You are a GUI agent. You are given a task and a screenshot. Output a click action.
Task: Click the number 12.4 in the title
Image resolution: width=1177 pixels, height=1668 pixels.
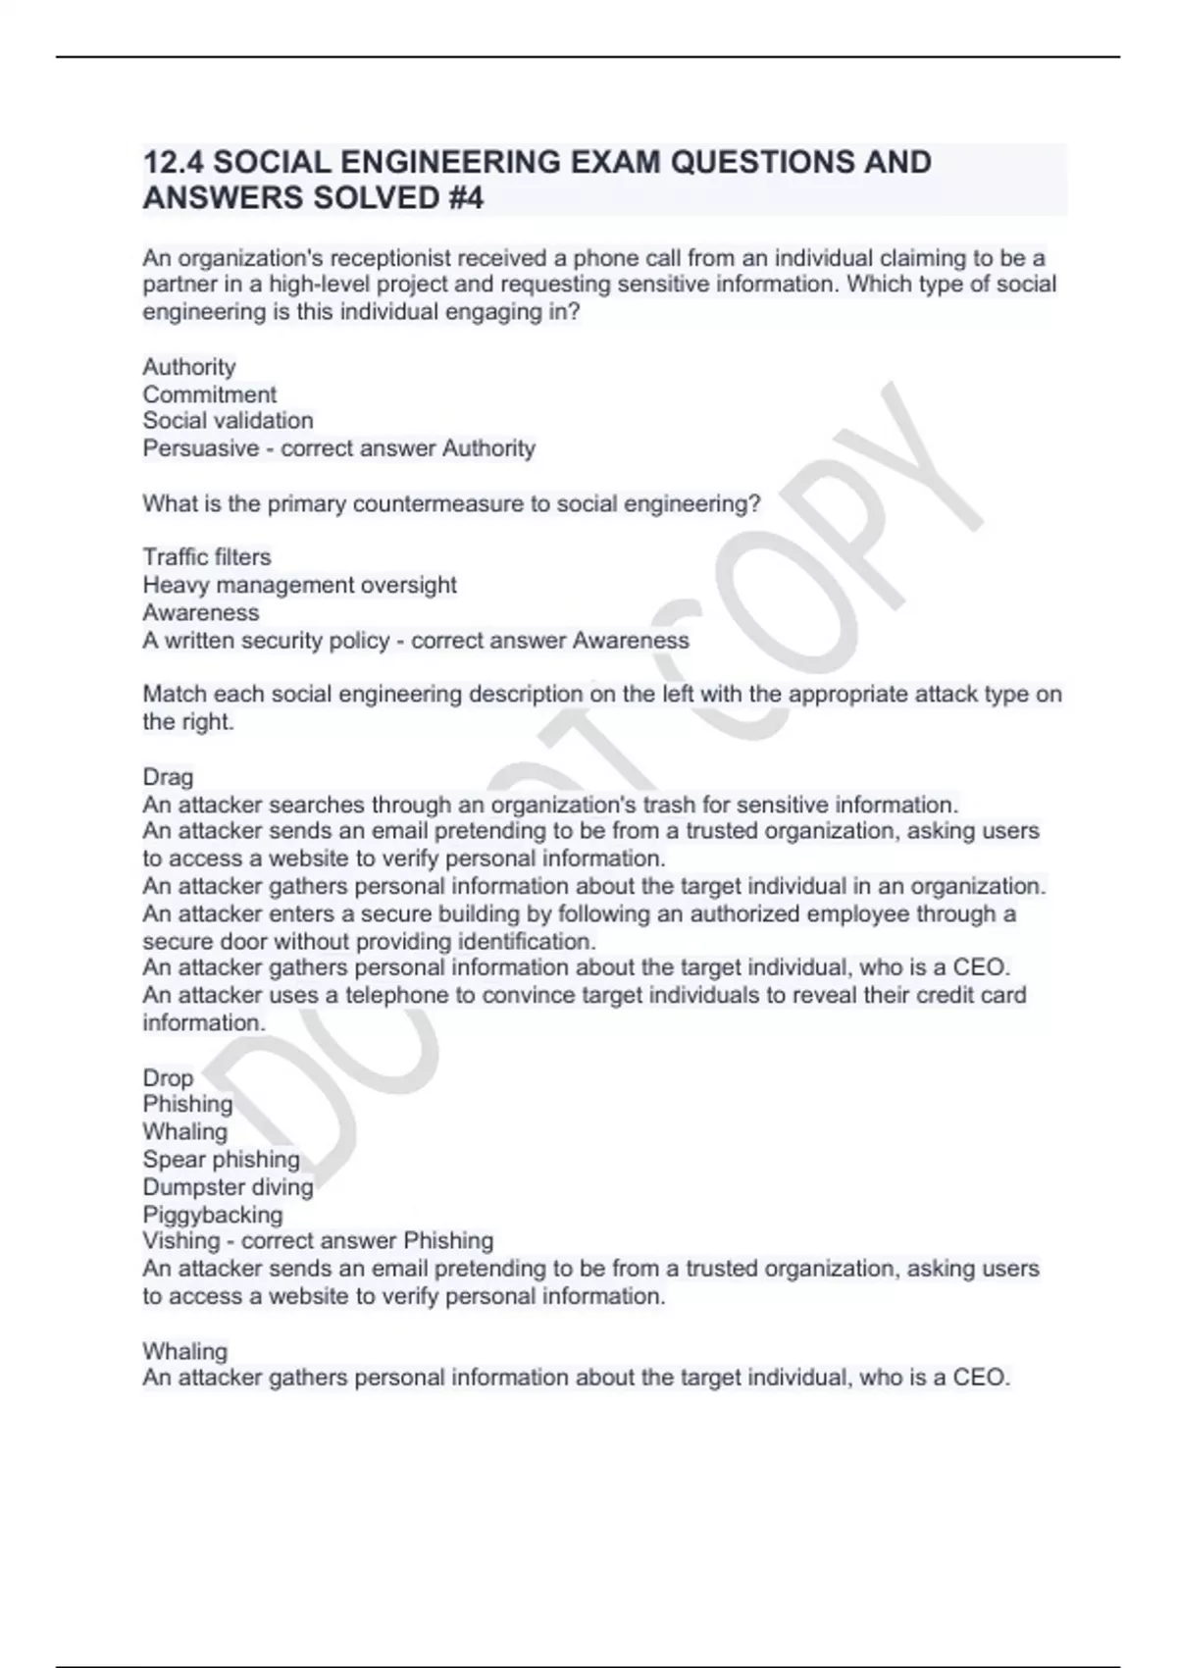tap(173, 162)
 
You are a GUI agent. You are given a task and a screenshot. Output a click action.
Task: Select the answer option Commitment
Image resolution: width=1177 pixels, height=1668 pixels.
tap(209, 394)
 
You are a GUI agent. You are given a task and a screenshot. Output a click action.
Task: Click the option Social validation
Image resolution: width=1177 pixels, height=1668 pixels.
tap(228, 421)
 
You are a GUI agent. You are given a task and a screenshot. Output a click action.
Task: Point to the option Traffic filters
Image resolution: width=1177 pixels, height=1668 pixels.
tap(206, 557)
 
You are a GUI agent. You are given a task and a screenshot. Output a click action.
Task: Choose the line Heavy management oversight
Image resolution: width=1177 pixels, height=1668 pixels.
tap(299, 585)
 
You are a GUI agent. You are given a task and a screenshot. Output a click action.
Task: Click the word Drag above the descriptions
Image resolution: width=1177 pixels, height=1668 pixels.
tap(168, 777)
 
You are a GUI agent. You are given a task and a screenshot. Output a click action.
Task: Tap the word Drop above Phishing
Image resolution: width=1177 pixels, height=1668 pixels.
tap(168, 1077)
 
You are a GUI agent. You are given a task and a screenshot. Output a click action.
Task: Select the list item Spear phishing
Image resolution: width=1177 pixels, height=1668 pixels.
tap(221, 1160)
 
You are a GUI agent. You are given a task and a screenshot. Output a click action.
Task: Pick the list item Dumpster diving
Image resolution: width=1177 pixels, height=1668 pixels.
tap(228, 1187)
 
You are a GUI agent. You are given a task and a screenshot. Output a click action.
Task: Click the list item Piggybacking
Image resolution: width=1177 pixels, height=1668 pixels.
tap(212, 1215)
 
